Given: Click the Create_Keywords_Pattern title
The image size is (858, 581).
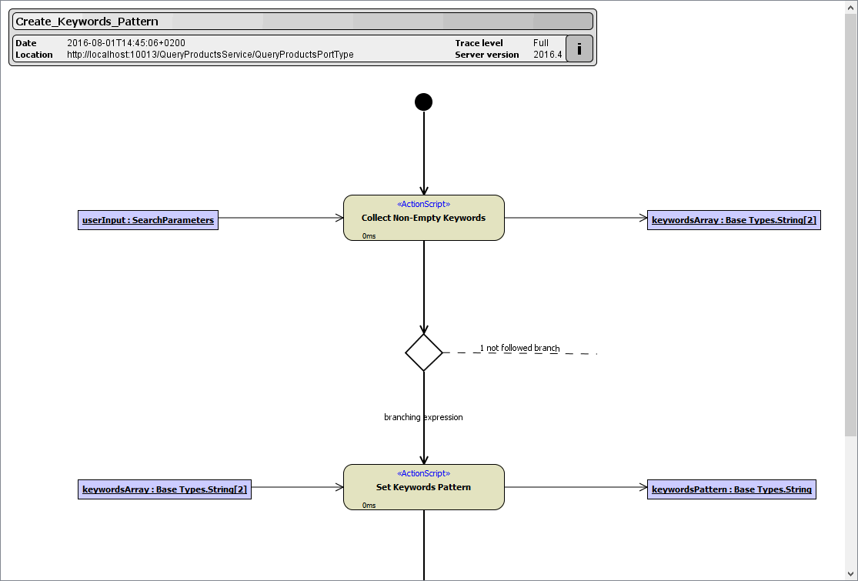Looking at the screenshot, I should click(x=87, y=22).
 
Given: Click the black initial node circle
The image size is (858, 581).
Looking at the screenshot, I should click(x=423, y=102).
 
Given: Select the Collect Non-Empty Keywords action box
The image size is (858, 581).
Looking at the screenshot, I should click(x=423, y=218).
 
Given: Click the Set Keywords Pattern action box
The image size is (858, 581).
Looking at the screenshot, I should click(x=423, y=487).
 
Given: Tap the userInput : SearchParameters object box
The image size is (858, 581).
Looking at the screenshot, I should click(x=148, y=220).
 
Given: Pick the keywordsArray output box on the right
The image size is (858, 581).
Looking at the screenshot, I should click(x=733, y=220).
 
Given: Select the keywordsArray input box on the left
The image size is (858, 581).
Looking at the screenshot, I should click(x=165, y=489).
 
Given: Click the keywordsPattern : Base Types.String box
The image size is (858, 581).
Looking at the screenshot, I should click(x=731, y=489).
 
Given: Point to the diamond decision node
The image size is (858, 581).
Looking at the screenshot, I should click(x=424, y=352).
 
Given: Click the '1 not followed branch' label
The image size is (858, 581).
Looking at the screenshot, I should click(x=519, y=348).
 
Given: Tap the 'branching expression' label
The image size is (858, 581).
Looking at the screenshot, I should click(x=423, y=417).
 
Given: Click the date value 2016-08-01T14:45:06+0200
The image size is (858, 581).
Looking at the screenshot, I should click(x=126, y=43).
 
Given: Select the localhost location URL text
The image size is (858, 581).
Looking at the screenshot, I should click(x=210, y=55).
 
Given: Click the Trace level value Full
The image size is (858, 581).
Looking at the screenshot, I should click(x=541, y=43).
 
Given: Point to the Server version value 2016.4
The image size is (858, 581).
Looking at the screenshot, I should click(x=548, y=55).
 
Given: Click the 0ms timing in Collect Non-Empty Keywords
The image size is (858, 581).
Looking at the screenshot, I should click(x=369, y=236).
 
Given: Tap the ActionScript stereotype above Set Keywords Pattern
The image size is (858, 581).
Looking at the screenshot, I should click(x=423, y=473).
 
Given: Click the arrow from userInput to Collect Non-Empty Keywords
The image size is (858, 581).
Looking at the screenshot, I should click(x=281, y=218).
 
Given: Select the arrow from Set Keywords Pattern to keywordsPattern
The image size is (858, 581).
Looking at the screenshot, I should click(x=576, y=487).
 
